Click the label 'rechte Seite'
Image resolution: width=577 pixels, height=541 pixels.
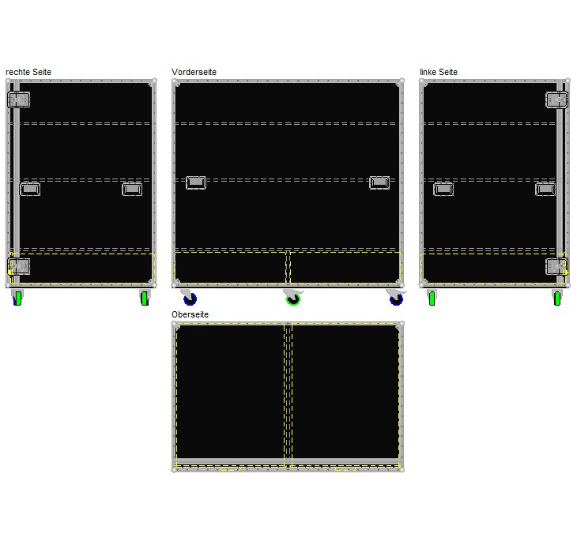[x=28, y=72]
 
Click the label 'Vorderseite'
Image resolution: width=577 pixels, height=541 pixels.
[x=194, y=72]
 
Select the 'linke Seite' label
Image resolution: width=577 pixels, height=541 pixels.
[x=439, y=72]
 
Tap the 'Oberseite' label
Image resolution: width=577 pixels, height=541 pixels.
[x=190, y=314]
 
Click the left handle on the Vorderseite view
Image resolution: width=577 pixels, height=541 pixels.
[x=196, y=182]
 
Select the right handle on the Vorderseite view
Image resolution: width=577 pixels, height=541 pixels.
[x=379, y=182]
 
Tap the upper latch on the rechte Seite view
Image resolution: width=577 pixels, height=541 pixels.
[x=19, y=100]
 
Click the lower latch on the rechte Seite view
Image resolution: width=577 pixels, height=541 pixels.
[x=19, y=266]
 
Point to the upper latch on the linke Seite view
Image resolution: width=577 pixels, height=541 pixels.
[x=556, y=100]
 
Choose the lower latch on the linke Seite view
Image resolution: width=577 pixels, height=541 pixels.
[x=556, y=266]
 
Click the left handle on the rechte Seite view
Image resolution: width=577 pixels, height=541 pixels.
[x=30, y=189]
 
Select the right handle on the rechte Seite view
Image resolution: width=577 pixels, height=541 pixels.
[x=132, y=189]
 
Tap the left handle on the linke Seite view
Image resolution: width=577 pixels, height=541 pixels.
[x=443, y=189]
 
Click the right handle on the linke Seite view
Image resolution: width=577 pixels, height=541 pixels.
[x=545, y=189]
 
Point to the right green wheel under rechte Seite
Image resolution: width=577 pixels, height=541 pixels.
[x=145, y=298]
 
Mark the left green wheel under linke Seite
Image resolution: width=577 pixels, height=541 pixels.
[x=432, y=298]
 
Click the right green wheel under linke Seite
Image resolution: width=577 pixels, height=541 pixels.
[x=557, y=298]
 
